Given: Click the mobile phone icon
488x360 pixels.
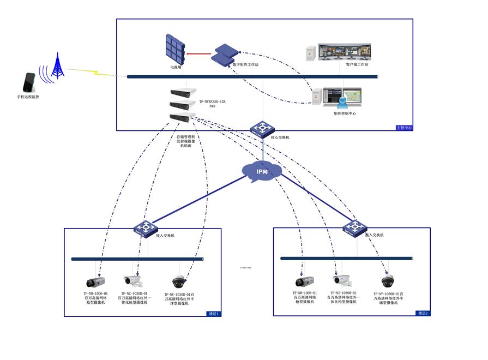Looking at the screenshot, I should coord(29,82).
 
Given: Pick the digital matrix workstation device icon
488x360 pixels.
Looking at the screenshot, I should coord(225,54).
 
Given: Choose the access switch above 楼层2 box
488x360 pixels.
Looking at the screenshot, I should coord(355,227).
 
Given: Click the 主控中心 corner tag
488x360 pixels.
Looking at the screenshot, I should coord(404,128).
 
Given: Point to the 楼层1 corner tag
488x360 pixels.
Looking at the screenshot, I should coord(213,314).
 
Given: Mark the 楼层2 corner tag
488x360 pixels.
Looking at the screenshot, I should coord(423,313).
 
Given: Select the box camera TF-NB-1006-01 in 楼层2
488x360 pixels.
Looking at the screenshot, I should coord(304,281).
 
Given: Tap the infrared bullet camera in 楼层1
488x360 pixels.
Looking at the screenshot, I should coord(132,281).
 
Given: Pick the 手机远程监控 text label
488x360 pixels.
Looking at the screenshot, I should coord(28,97).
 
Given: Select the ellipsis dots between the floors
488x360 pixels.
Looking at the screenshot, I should coord(246,268).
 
